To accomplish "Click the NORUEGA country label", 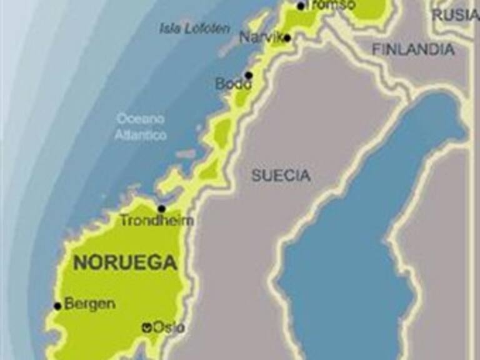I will point(125,262).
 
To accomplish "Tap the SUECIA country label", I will point(281,176).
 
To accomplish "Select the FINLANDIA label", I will point(413,49).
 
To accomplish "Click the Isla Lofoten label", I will point(194,29).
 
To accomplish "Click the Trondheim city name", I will point(157,221).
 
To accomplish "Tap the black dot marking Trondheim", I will point(162,209).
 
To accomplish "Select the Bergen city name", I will point(90,304).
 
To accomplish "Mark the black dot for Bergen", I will point(57,306).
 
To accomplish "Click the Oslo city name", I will point(169,327).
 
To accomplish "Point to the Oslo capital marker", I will point(146,326).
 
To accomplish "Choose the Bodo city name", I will point(233,84).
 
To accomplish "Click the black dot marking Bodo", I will point(249,75).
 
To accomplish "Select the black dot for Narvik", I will point(287,38).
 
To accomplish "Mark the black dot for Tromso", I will point(301,6).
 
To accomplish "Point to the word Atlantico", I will point(141,135).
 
